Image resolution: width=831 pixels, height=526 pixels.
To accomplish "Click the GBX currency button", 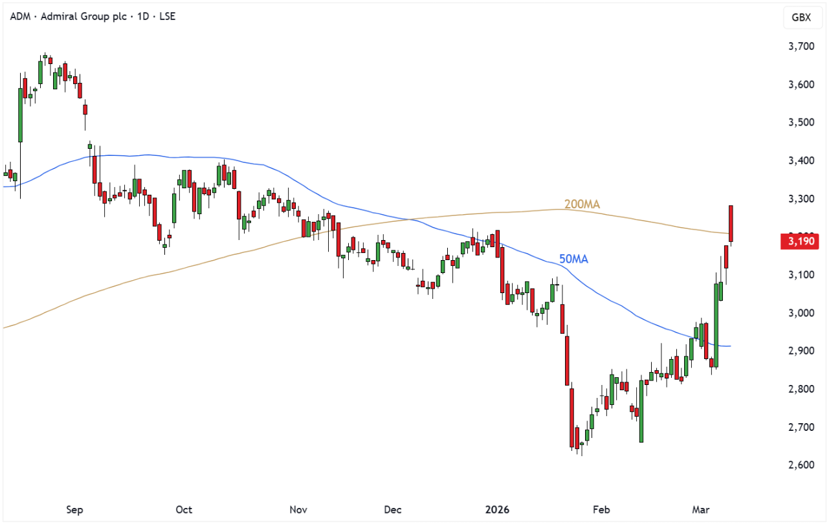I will point(801,17).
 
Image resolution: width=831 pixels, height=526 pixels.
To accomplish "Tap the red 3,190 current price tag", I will point(801,242).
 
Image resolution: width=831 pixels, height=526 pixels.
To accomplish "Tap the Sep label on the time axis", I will point(74,510).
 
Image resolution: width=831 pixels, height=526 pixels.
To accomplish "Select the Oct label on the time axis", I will point(184,510).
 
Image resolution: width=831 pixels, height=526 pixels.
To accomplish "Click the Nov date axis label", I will point(298,510).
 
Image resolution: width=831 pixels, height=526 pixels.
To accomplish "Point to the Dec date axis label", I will point(392,510).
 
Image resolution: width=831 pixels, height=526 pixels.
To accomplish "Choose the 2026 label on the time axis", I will point(498,510).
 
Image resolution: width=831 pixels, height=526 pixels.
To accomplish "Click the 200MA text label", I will point(582,204).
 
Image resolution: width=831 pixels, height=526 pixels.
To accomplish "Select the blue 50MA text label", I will point(573,259).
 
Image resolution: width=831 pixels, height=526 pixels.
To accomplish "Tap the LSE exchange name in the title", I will point(166,16).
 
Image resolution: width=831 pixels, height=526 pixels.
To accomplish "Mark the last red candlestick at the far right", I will point(731,223).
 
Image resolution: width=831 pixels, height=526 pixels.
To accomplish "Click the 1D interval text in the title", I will point(137,16).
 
